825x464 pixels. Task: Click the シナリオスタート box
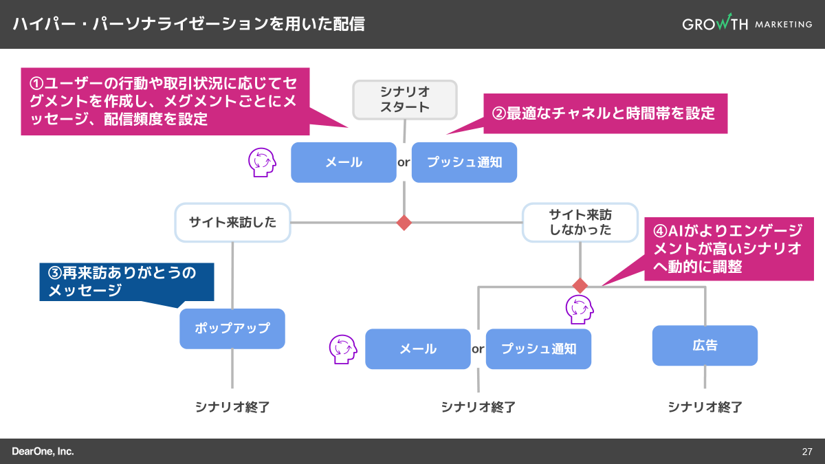(x=405, y=99)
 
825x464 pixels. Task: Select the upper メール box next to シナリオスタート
(x=344, y=162)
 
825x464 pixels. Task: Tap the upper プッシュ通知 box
(x=464, y=162)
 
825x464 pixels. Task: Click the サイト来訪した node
(x=232, y=222)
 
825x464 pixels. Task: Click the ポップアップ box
(x=232, y=329)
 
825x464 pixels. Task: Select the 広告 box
(x=705, y=345)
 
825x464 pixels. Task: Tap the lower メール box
(x=418, y=349)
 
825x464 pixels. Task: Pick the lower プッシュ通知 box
(x=538, y=349)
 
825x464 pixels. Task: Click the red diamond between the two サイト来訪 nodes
(x=404, y=223)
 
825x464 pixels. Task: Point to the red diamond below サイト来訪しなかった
(x=580, y=285)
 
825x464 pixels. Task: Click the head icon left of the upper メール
(x=262, y=162)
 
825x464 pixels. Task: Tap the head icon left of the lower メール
(x=343, y=349)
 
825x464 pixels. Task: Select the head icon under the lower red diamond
(x=579, y=309)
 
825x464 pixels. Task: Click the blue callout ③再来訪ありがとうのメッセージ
(x=126, y=282)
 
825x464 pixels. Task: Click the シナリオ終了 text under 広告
(x=705, y=407)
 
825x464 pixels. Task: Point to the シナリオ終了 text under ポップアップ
(x=232, y=407)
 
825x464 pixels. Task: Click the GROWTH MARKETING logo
(x=747, y=24)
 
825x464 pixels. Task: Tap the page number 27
(x=807, y=452)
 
